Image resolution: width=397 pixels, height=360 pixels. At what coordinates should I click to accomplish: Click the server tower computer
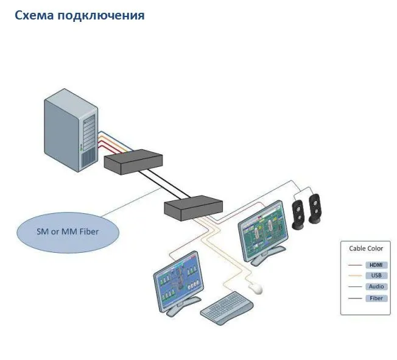click(71, 130)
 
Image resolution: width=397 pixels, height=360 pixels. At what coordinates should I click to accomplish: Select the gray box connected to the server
click(133, 161)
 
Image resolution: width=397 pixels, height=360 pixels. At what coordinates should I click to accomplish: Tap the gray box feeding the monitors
click(194, 208)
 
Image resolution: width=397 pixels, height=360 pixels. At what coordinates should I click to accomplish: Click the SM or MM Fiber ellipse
click(68, 231)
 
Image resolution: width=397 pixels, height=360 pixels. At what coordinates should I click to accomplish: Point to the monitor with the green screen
click(263, 233)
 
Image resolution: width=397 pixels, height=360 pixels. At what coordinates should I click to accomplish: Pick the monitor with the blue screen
click(178, 283)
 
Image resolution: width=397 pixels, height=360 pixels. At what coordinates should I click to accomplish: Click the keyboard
click(227, 308)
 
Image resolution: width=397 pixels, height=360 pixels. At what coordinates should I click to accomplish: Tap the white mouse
click(255, 288)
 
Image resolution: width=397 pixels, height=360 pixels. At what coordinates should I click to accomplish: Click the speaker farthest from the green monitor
click(315, 209)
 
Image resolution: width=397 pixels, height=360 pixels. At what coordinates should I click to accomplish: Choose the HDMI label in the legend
click(376, 265)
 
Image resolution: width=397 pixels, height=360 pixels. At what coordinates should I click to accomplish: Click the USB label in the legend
click(376, 275)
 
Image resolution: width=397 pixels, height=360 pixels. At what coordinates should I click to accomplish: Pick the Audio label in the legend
click(376, 286)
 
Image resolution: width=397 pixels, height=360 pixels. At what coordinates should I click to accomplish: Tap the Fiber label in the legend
click(376, 298)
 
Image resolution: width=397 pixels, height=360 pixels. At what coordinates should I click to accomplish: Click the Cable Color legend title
click(366, 249)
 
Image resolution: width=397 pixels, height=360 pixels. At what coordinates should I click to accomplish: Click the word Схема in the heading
click(35, 15)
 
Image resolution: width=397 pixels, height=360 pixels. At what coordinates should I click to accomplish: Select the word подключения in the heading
click(100, 16)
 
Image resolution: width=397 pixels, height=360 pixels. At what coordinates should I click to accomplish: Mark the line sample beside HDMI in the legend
click(355, 265)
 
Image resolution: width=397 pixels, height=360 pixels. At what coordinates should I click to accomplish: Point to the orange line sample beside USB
click(355, 276)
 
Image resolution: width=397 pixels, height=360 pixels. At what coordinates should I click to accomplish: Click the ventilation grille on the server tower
click(88, 160)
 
